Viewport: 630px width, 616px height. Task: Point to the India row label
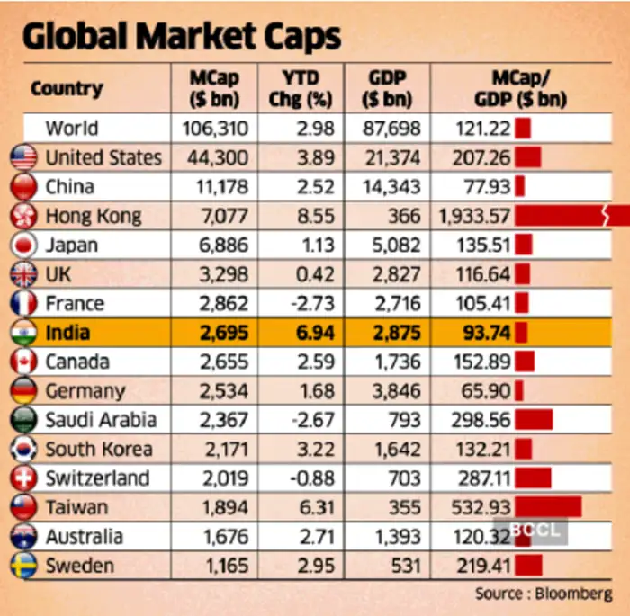[x=67, y=334]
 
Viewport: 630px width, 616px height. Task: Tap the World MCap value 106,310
[x=215, y=129]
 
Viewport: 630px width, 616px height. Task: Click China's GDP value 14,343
[x=390, y=187]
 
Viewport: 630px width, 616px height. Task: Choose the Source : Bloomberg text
[x=544, y=594]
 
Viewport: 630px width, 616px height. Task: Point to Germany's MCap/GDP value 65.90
[x=487, y=391]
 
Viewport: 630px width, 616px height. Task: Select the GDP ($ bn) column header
[x=390, y=88]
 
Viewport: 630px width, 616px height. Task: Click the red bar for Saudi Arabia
[x=534, y=420]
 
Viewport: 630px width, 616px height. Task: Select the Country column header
[x=67, y=88]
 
